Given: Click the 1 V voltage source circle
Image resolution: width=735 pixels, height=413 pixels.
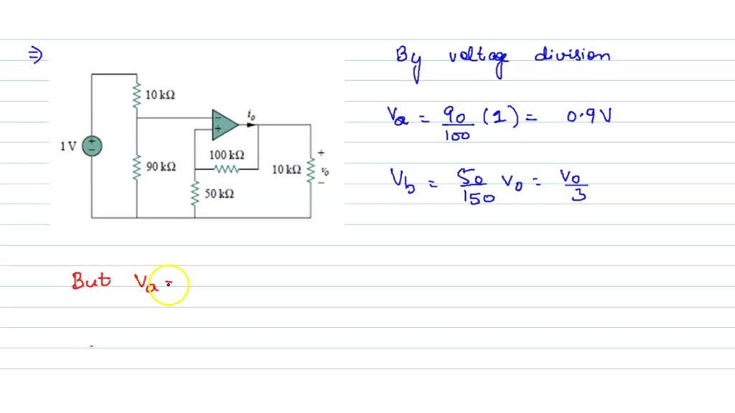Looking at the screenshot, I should pyautogui.click(x=92, y=146).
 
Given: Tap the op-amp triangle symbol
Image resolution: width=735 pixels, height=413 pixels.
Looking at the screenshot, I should pyautogui.click(x=224, y=124).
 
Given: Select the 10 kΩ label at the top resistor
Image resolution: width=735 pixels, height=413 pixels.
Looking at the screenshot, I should pyautogui.click(x=160, y=95).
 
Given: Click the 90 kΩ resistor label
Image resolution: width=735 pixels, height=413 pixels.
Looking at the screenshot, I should pyautogui.click(x=161, y=167).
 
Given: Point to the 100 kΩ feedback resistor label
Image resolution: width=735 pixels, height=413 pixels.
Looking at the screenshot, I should pyautogui.click(x=227, y=155).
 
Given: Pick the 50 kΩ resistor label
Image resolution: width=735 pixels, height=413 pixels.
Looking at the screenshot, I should pyautogui.click(x=219, y=194).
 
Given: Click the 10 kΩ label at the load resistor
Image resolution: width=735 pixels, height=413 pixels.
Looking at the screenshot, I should pyautogui.click(x=286, y=170).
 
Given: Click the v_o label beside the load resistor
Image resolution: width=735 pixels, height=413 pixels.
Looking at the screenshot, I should pyautogui.click(x=324, y=171).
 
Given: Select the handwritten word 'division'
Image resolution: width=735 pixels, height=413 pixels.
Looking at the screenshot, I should pyautogui.click(x=572, y=56).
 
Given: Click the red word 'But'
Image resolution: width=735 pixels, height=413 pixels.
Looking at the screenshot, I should pyautogui.click(x=91, y=280).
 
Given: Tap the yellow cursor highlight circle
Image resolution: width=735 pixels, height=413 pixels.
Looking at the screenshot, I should pyautogui.click(x=169, y=285).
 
